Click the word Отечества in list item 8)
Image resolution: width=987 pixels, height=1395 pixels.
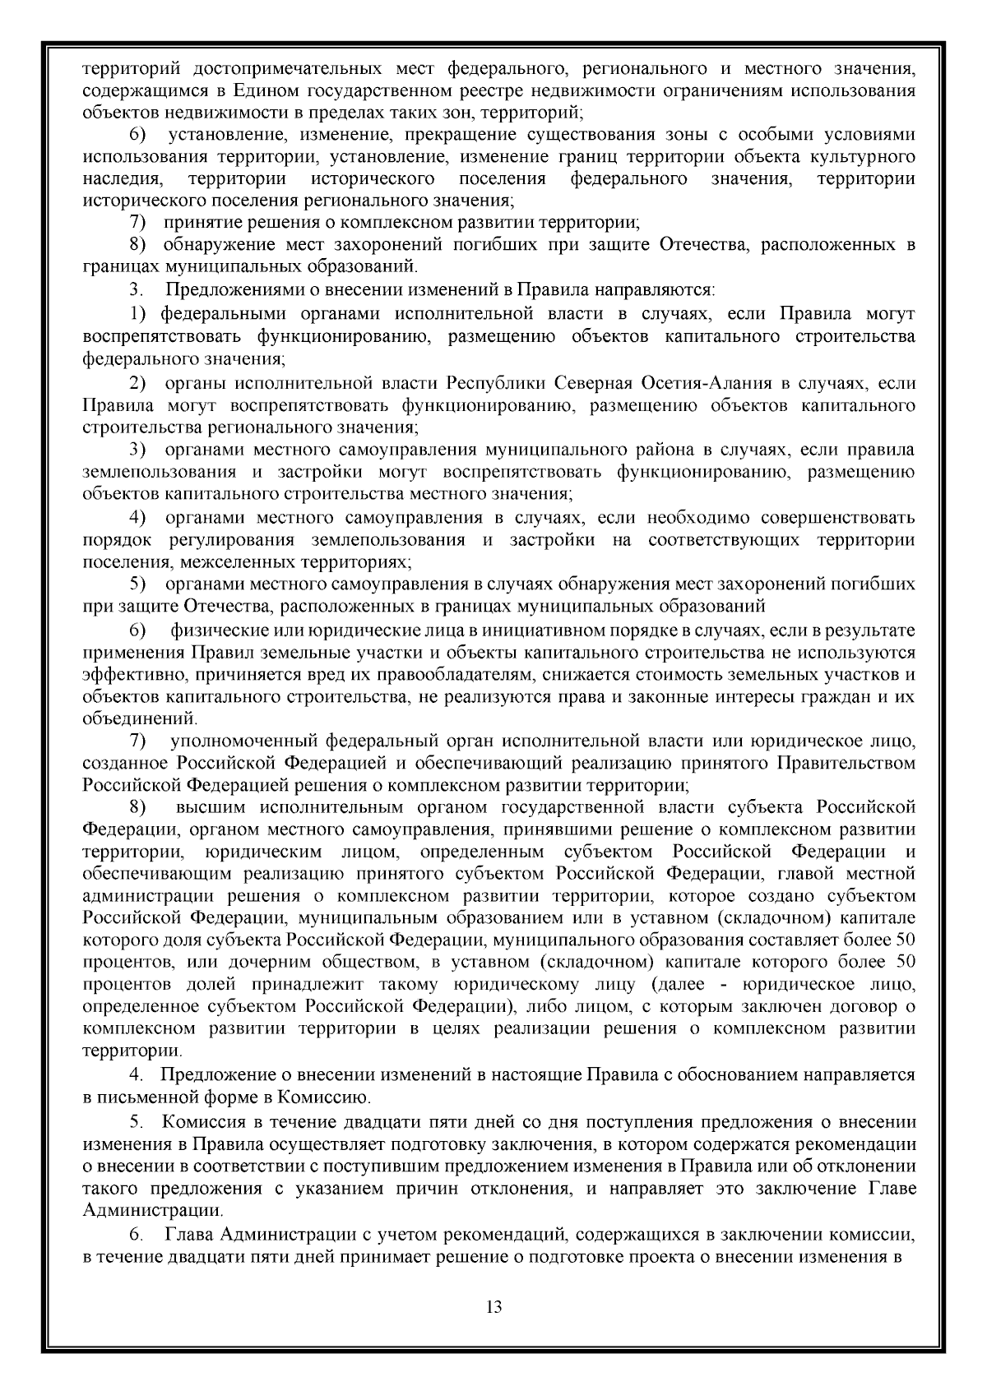click(x=697, y=245)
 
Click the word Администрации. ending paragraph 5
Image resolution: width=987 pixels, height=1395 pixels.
click(x=153, y=1210)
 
